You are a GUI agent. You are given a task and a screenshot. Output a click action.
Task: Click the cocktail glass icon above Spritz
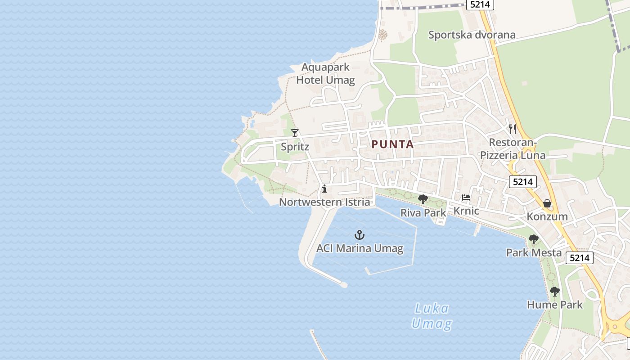pos(295,133)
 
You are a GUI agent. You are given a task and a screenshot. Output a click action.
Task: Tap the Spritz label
pos(295,147)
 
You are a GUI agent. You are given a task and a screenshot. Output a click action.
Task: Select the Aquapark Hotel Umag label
pos(325,74)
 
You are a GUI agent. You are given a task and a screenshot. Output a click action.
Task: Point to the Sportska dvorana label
pos(472,35)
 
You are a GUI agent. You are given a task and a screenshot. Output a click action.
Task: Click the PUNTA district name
pos(392,144)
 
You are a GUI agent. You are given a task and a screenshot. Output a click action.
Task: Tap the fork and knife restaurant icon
pos(512,129)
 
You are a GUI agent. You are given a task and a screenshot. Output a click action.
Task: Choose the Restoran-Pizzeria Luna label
pos(513,149)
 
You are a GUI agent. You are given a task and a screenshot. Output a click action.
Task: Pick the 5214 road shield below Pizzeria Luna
pos(523,182)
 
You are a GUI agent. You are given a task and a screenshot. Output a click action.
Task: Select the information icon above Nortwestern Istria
pos(324,189)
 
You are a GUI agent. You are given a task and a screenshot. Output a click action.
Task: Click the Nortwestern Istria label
pos(324,202)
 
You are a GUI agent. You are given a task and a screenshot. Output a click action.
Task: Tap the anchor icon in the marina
pos(359,235)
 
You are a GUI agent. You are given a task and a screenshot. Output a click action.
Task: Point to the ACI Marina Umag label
pos(360,248)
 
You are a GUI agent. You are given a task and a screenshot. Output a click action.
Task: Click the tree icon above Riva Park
pos(423,199)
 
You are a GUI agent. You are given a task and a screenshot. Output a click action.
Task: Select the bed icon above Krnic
pos(466,198)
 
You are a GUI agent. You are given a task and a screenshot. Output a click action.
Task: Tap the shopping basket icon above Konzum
pos(547,203)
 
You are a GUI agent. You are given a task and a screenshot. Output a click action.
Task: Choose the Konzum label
pos(547,216)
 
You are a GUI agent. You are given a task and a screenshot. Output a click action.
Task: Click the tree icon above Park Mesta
pos(534,239)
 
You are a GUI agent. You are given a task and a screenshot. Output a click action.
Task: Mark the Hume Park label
pos(554,305)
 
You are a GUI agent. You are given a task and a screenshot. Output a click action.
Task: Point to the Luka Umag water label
pos(431,316)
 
